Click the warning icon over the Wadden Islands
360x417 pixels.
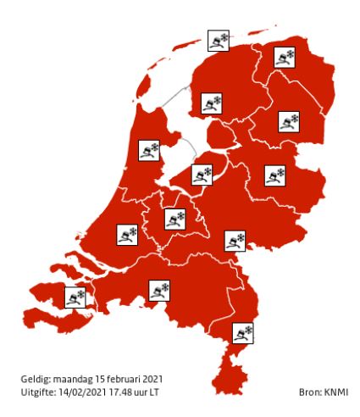point(219,40)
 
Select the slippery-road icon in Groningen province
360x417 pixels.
point(284,58)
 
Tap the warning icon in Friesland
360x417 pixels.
point(210,104)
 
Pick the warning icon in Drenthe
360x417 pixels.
point(290,122)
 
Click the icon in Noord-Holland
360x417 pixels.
point(150,150)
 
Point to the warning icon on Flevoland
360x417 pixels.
point(202,175)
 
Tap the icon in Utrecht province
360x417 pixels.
point(174,219)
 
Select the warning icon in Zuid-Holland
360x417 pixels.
point(127,232)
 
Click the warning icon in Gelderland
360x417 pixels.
point(235,240)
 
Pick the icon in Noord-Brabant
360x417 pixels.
point(159,291)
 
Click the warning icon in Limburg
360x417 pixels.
point(243,331)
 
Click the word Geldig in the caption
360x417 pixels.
point(36,379)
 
